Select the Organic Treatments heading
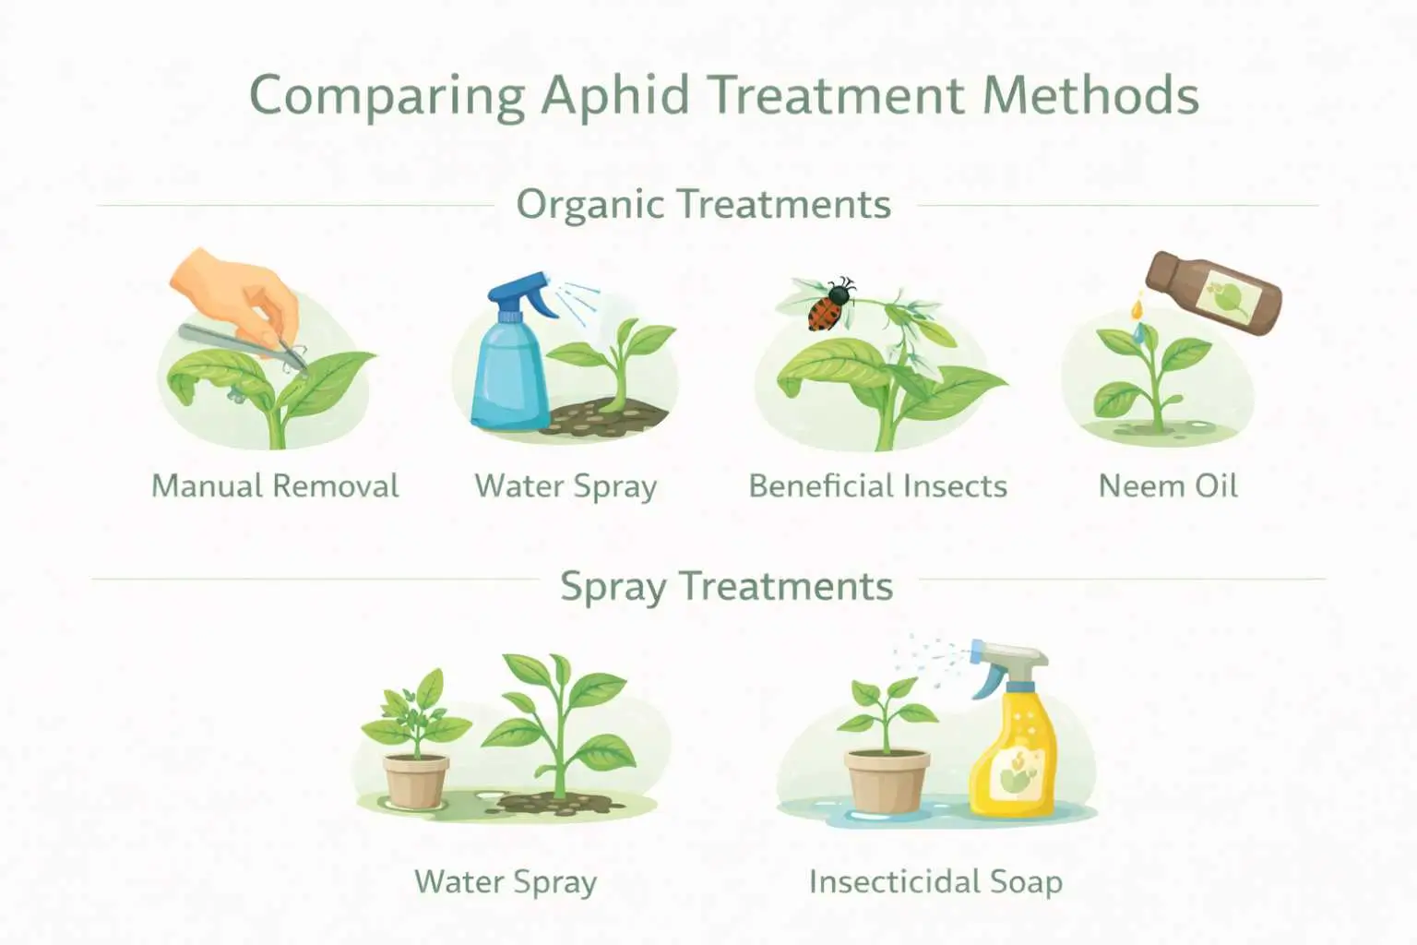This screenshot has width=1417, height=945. coord(703,204)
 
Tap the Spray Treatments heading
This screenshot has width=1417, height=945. coord(726,586)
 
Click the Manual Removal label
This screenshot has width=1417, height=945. coord(275,485)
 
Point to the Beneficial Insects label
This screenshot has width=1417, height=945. coord(877,485)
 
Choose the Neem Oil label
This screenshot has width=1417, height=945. coord(1168,485)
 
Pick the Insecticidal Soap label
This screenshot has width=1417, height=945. coord(935,881)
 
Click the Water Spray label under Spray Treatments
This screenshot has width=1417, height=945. coord(506,881)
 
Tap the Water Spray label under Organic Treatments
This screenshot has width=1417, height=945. coord(566,485)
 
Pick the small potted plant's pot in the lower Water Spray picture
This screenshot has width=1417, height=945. coord(416,780)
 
